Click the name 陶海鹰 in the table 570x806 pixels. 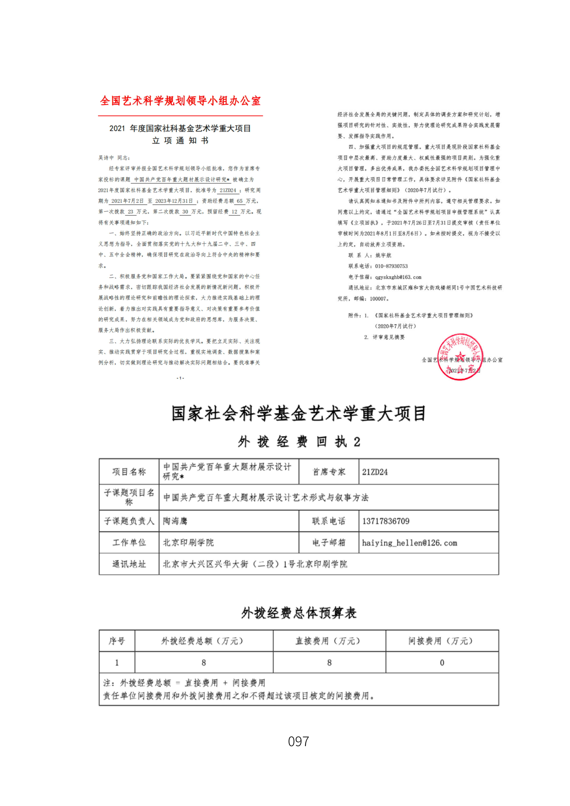pos(175,521)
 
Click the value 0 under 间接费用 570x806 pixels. pos(442,662)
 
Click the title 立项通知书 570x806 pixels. pos(180,140)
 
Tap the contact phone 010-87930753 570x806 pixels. pos(391,266)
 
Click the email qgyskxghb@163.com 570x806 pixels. pos(398,277)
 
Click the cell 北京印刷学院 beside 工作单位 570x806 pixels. pos(188,543)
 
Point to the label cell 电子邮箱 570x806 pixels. pos(329,543)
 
